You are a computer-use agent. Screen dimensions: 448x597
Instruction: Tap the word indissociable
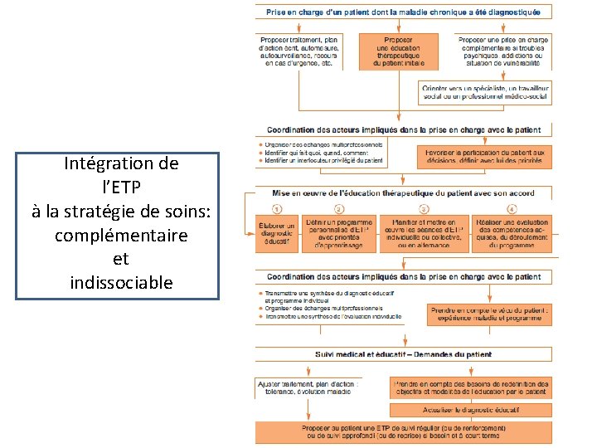point(121,282)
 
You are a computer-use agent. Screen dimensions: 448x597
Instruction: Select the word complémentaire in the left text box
point(121,235)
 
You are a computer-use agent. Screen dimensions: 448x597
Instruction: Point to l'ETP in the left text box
point(121,187)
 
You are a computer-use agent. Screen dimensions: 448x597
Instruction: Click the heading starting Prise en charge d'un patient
point(403,12)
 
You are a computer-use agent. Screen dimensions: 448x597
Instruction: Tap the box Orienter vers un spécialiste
point(485,92)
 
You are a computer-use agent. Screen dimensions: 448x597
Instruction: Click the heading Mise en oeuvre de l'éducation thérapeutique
point(403,193)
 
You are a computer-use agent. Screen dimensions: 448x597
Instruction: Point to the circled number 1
point(277,208)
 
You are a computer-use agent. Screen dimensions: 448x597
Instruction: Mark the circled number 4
point(512,208)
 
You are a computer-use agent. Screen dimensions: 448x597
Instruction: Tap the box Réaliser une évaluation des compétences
point(512,233)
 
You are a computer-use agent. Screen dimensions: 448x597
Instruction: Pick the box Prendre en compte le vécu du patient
point(488,312)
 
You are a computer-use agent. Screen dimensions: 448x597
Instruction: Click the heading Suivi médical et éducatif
point(403,354)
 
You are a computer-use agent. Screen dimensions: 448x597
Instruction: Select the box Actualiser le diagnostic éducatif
point(469,410)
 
